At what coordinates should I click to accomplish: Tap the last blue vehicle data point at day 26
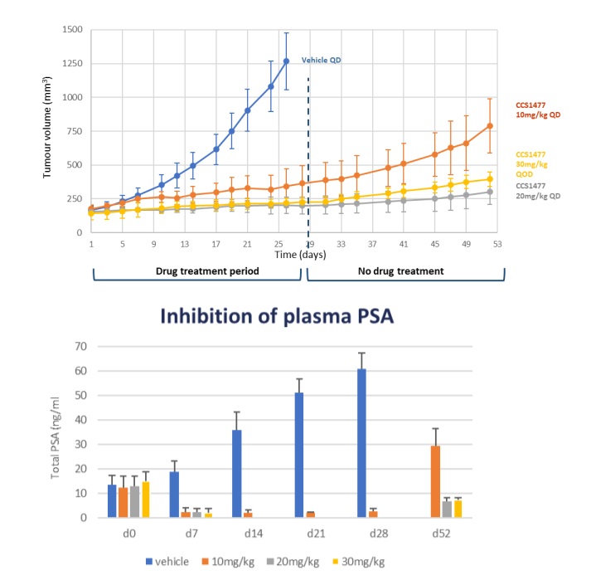[x=286, y=61]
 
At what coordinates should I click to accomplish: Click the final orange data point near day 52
[x=490, y=126]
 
